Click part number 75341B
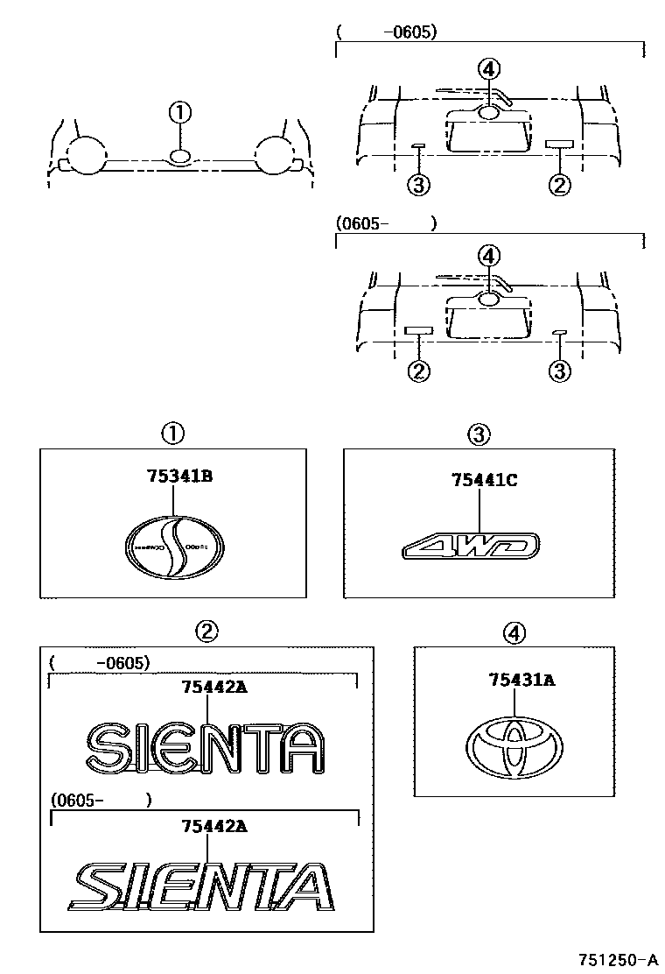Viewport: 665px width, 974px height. point(181,478)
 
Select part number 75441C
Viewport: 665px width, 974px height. point(486,480)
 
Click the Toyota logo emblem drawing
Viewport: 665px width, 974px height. point(516,748)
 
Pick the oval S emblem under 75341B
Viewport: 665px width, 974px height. point(175,548)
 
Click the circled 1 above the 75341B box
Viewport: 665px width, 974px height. point(172,432)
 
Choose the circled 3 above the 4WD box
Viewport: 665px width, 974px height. point(478,432)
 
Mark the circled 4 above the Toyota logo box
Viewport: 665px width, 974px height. point(515,632)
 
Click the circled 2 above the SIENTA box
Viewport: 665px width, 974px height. point(206,630)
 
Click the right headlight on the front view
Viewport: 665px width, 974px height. point(276,155)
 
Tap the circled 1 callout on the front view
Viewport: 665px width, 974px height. point(179,112)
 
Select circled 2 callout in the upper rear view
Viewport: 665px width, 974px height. point(559,184)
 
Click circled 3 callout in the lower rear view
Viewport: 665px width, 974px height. point(559,371)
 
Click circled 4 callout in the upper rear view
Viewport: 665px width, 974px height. point(489,68)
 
